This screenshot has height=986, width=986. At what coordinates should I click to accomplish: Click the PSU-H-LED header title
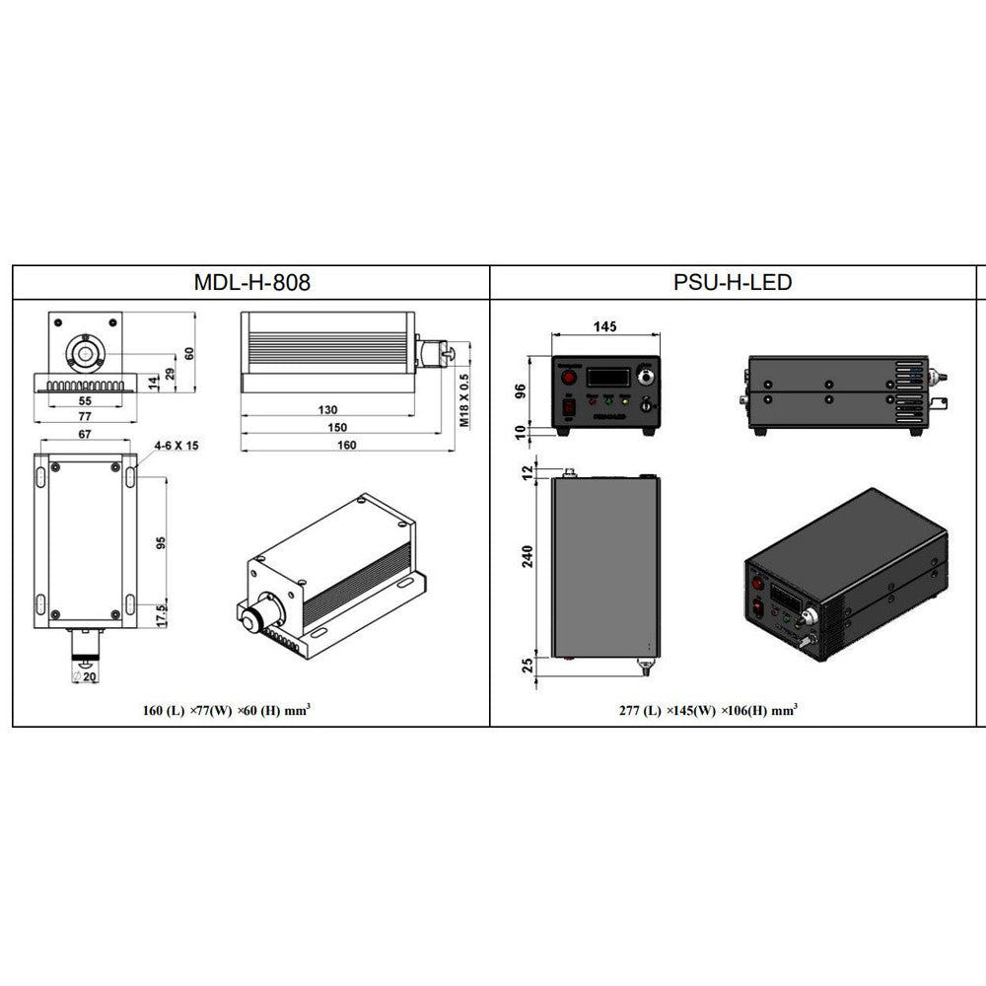click(x=733, y=283)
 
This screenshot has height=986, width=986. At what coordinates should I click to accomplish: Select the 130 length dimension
click(x=327, y=409)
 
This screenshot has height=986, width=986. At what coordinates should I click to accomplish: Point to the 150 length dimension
click(x=337, y=427)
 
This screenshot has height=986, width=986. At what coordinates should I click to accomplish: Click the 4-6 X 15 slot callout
click(x=176, y=446)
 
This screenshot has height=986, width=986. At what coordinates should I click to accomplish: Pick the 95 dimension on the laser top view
click(x=161, y=544)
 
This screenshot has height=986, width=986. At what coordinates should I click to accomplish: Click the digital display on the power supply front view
click(x=606, y=377)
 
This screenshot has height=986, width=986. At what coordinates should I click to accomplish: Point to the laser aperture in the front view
click(x=86, y=352)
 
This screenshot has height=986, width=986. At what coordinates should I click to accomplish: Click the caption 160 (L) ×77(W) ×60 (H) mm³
click(x=228, y=709)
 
